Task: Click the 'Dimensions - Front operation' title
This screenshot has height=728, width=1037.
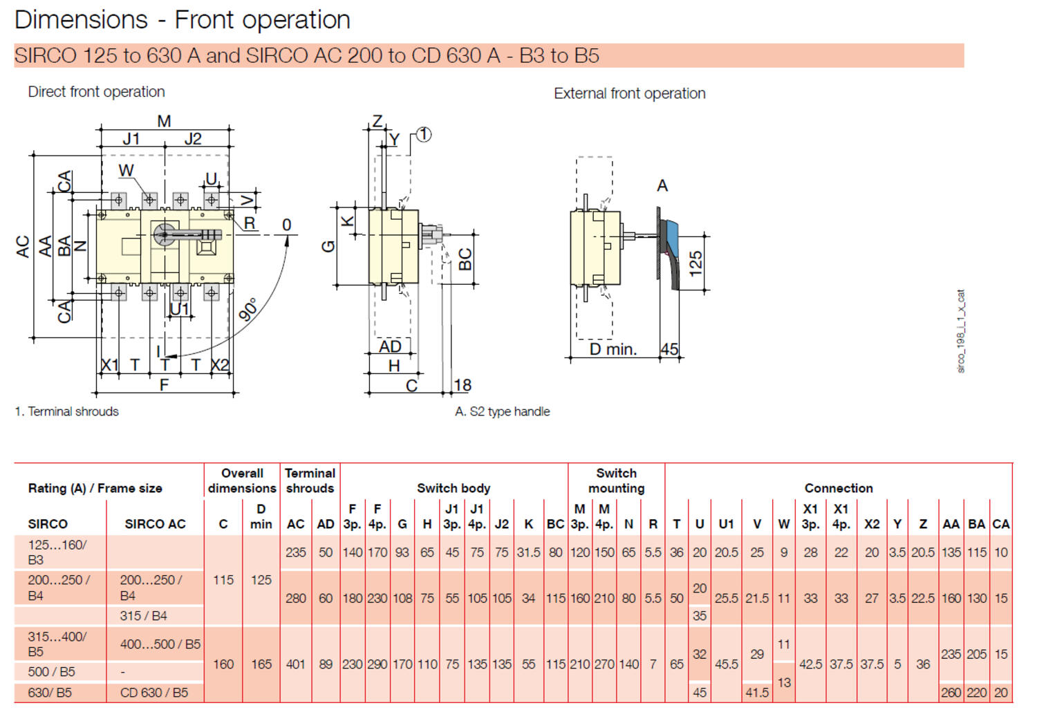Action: click(x=182, y=20)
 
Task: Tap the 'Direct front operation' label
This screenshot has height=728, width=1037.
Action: click(x=96, y=92)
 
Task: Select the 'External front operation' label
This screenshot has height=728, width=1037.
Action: click(x=629, y=93)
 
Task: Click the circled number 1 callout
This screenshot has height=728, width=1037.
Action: click(x=424, y=135)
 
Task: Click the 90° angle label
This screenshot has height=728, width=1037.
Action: click(x=249, y=309)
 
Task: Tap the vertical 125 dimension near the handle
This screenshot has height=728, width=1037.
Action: click(x=695, y=263)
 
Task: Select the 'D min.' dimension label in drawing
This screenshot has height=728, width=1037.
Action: click(x=613, y=350)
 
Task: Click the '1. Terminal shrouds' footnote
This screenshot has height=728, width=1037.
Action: click(x=67, y=411)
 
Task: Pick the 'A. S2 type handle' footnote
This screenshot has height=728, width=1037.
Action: click(x=503, y=411)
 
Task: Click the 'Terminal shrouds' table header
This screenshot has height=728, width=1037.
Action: click(x=310, y=480)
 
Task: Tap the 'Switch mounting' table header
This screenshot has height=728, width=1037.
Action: click(x=616, y=480)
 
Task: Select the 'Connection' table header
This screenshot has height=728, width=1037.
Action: click(x=839, y=488)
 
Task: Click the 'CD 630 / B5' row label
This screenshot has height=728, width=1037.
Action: click(x=154, y=693)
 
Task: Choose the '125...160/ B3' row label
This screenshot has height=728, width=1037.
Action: click(x=57, y=552)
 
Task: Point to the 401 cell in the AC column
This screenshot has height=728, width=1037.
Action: click(x=296, y=664)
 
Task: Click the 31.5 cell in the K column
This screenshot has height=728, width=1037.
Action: click(x=529, y=552)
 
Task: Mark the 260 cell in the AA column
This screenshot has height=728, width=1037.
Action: click(x=951, y=693)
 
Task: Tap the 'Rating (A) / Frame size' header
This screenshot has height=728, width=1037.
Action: click(x=95, y=488)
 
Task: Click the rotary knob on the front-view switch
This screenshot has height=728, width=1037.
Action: click(x=165, y=234)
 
